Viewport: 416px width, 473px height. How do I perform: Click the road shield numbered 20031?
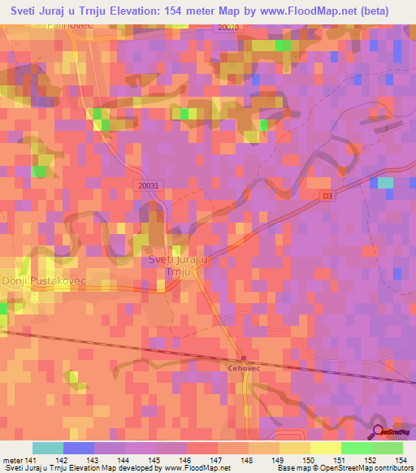(149, 186)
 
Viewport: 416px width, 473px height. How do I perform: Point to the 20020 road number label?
(231, 27)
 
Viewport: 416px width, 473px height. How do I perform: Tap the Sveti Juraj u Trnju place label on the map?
(178, 265)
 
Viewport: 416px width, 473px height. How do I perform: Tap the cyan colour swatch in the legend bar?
(47, 448)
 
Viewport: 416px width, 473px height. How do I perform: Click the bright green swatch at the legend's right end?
(387, 448)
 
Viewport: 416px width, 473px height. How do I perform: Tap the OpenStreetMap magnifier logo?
(378, 433)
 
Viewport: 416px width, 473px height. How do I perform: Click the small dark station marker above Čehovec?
(242, 358)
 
